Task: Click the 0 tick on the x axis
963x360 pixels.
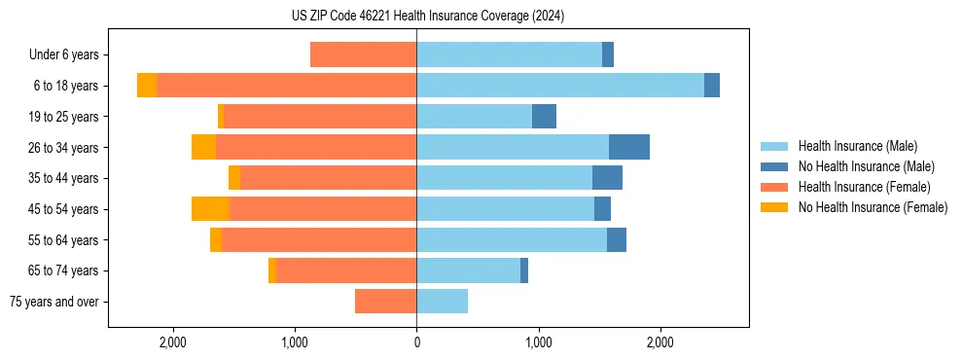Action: (x=416, y=342)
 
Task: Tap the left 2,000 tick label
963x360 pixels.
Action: (x=173, y=342)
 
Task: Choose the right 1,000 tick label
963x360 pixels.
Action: (x=538, y=342)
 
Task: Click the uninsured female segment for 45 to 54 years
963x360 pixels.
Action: (x=210, y=209)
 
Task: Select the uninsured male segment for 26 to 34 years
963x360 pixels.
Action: (x=629, y=147)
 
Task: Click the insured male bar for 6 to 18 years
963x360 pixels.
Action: (x=560, y=86)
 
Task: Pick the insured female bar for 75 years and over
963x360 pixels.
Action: (x=385, y=302)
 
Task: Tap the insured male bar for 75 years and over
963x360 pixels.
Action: (x=442, y=302)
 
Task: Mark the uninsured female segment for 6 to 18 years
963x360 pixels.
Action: (x=147, y=86)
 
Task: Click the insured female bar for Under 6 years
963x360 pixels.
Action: (x=363, y=55)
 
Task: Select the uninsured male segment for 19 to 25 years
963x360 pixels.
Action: (x=544, y=117)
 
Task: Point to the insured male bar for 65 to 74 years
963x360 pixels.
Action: (x=468, y=270)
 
